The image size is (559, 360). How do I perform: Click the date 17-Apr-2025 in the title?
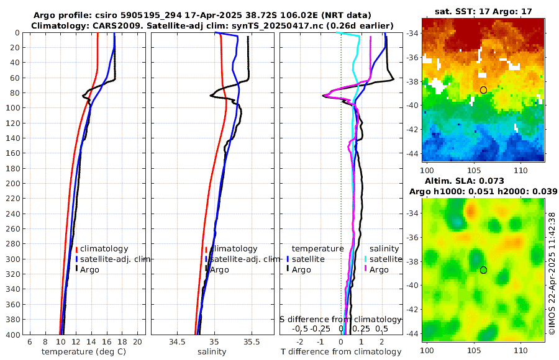click(x=211, y=15)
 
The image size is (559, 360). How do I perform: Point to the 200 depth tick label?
click(x=12, y=184)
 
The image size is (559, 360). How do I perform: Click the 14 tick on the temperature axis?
click(x=91, y=342)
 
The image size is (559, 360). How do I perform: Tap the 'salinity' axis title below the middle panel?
click(x=211, y=352)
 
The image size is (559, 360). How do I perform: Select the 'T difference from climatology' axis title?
click(x=340, y=352)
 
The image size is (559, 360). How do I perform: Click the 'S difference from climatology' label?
click(x=340, y=319)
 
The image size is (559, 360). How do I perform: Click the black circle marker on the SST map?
click(x=483, y=90)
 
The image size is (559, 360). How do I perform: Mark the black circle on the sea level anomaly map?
click(x=483, y=270)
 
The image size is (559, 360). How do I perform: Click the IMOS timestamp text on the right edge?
click(x=552, y=274)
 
